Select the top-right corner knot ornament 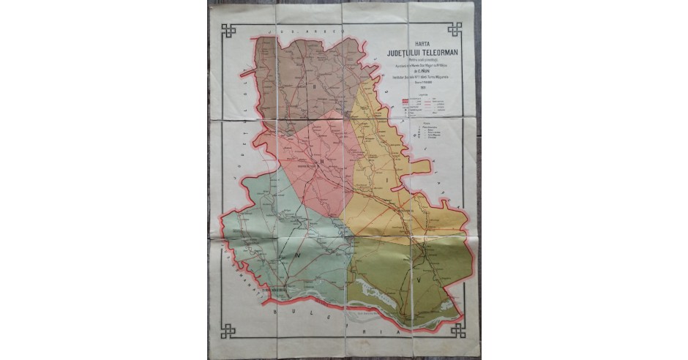(455, 29)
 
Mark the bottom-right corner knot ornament (457, 330)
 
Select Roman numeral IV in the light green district (299, 256)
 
